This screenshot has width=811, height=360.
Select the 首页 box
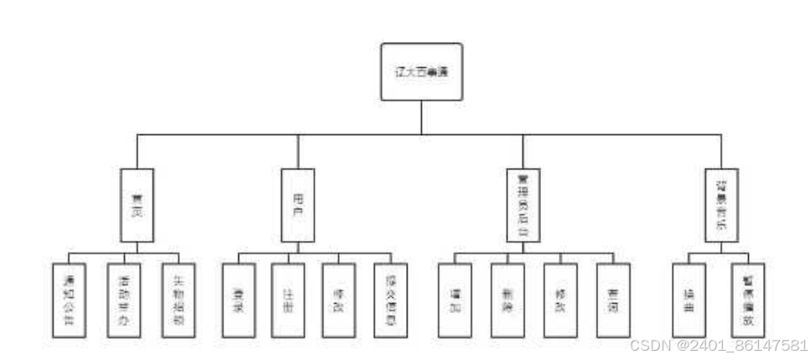pos(136,206)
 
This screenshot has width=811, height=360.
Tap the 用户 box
pos(296,206)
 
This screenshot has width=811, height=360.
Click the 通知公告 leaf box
pos(70,300)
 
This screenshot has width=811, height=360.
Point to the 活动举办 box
pos(124,300)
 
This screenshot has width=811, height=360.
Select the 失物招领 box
pos(179,300)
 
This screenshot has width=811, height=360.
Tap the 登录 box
pos(239,300)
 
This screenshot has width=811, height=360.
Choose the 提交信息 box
pos(391,300)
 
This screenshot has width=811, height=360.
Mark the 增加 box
pos(455,300)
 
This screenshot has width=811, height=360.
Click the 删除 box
pos(507,300)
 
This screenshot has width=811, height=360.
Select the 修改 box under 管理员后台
pos(560,300)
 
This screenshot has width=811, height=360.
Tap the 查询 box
pos(612,300)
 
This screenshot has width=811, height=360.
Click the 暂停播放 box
pos(747,300)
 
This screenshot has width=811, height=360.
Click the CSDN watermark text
pos(719,345)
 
